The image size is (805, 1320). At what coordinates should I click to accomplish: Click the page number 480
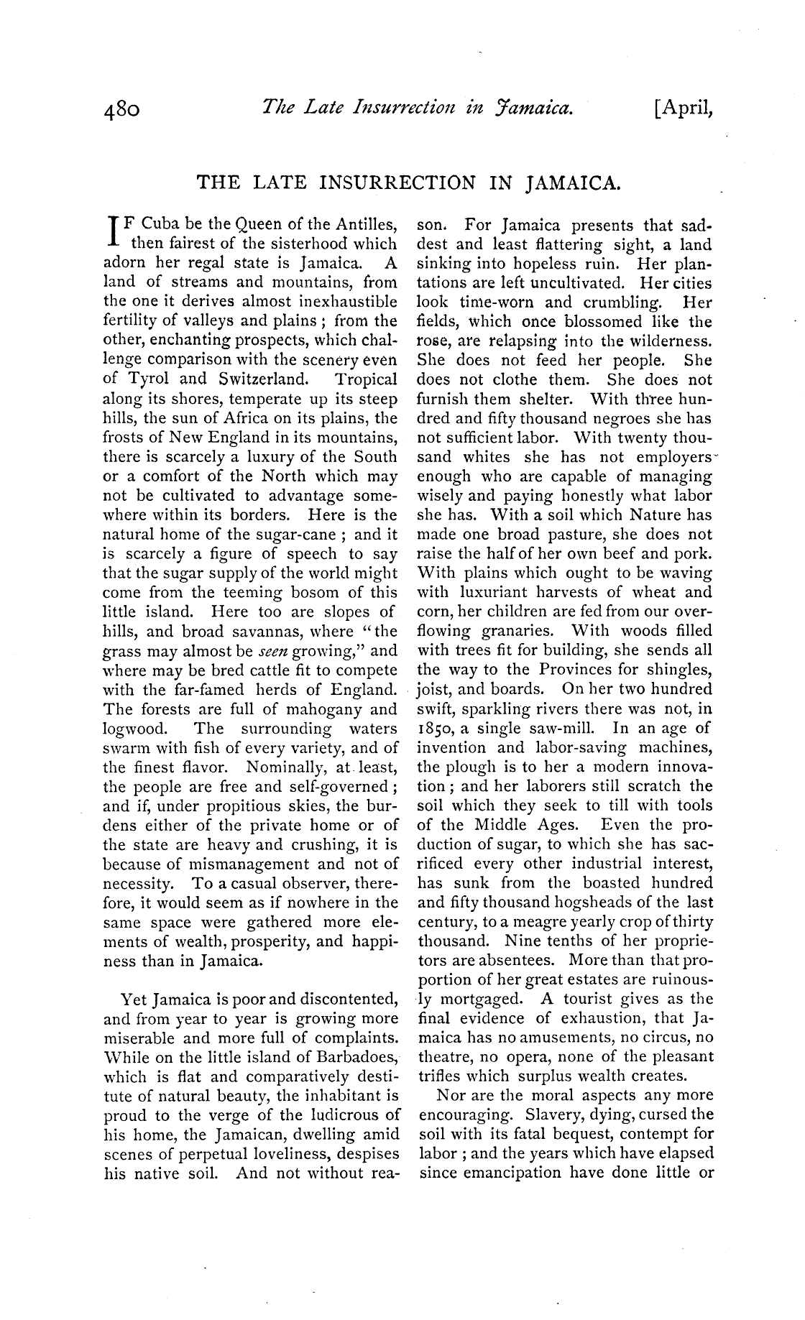(126, 110)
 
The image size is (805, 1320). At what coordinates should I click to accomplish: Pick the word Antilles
(366, 224)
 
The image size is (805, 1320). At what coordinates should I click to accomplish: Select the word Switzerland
(259, 379)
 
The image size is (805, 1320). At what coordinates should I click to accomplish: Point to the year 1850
(434, 729)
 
